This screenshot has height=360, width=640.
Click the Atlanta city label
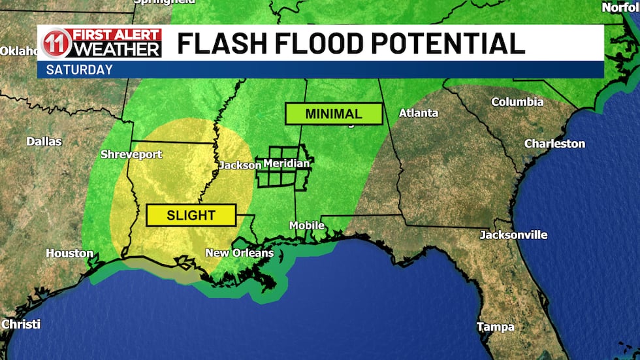click(419, 113)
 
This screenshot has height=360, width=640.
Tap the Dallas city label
click(44, 141)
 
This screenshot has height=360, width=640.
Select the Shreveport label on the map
click(131, 155)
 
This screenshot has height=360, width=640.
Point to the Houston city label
click(69, 253)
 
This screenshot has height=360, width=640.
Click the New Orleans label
click(239, 253)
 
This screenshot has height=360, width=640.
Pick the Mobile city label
click(307, 225)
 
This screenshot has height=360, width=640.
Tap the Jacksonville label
click(513, 235)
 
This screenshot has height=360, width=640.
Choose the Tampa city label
click(495, 327)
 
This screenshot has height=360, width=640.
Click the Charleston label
click(554, 143)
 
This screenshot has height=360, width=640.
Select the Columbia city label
click(517, 102)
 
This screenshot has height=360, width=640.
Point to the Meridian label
click(286, 163)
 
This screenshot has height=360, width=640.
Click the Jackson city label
click(239, 165)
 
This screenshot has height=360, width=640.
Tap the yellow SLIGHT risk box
click(191, 215)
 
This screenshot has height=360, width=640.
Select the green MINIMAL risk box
click(334, 113)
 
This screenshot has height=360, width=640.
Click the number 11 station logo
click(56, 44)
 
